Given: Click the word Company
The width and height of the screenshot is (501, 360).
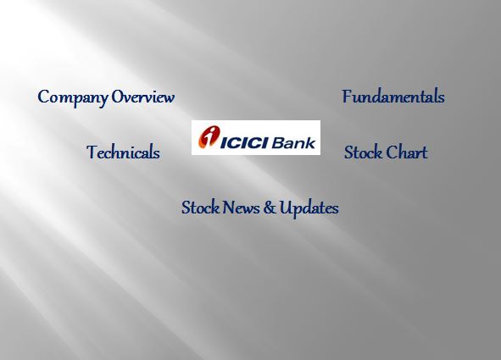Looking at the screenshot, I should (72, 97).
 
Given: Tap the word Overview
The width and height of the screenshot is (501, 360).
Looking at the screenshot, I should (143, 97).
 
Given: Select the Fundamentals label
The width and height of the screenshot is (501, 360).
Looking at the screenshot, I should (393, 97).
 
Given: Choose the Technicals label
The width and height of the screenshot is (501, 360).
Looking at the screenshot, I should (123, 152).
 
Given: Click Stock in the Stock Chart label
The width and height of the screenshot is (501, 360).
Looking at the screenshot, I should (363, 152).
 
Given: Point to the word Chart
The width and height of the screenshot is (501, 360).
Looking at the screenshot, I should (407, 152).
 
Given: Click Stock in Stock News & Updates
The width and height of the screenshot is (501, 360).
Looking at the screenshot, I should (200, 208).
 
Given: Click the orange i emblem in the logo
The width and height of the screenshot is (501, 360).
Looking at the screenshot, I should (207, 137).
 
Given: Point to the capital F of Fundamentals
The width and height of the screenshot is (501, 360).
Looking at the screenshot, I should (347, 97).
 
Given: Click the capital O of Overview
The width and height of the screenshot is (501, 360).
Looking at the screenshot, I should (119, 97).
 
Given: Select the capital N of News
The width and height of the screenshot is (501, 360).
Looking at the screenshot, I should (229, 208).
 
